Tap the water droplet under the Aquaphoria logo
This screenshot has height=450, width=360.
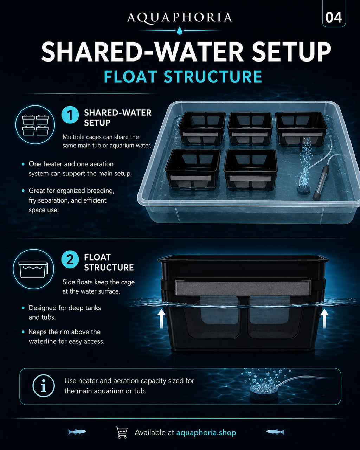[x=180, y=31]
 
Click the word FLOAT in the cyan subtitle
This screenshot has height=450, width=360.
[x=130, y=77]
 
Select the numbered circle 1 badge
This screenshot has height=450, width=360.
[x=70, y=115]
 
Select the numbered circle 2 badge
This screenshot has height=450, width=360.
[x=70, y=259]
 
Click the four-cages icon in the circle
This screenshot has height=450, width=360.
[x=36, y=125]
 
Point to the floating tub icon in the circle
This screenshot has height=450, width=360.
[x=33, y=270]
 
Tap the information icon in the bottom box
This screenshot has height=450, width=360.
[x=44, y=386]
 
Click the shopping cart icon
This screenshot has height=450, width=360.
[x=122, y=432]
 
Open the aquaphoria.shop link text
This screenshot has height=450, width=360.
[x=206, y=433]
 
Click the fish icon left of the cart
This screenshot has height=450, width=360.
[x=77, y=432]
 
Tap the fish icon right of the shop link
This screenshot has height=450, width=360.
[x=275, y=432]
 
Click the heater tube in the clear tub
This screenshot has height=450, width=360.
[x=321, y=182]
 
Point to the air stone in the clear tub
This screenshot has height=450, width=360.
[x=303, y=190]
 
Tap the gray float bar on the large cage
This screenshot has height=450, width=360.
[x=243, y=288]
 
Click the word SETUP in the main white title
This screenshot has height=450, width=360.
[x=291, y=51]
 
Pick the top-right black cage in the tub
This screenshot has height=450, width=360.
[x=301, y=129]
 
